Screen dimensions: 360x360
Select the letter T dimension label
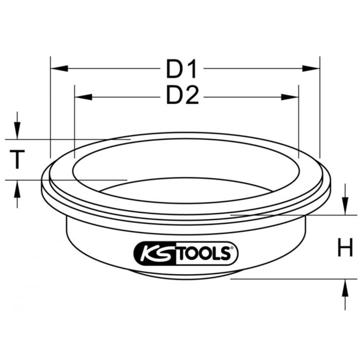click(x=17, y=159)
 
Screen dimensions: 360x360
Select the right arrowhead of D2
click(x=290, y=96)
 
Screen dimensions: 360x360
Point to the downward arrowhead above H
click(x=345, y=206)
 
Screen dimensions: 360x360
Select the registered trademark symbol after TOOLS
click(x=232, y=248)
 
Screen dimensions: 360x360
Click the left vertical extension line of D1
click(x=50, y=108)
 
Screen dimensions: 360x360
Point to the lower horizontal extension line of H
click(x=288, y=278)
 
